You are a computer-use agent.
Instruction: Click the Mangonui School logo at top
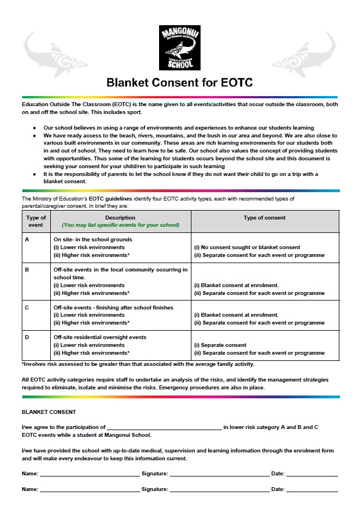tap(180, 48)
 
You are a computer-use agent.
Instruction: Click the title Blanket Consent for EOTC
tap(180, 83)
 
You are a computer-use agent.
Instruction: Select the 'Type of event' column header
tap(36, 221)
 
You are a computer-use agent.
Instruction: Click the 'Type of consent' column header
tap(265, 218)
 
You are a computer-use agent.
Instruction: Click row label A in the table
tap(27, 239)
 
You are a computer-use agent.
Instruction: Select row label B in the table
tap(27, 269)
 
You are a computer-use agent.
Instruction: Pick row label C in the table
tap(27, 307)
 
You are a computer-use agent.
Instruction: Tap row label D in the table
tap(27, 337)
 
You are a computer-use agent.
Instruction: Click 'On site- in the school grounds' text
tap(93, 239)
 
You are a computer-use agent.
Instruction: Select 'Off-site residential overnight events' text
tap(100, 337)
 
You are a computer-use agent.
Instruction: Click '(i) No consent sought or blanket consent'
tap(247, 247)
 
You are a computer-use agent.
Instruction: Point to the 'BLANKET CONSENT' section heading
tap(49, 412)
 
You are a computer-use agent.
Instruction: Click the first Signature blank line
tap(219, 474)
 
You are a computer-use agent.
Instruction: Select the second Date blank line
tap(312, 490)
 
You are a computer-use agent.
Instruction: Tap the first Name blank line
tap(89, 474)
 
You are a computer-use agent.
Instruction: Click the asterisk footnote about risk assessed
tap(138, 364)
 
